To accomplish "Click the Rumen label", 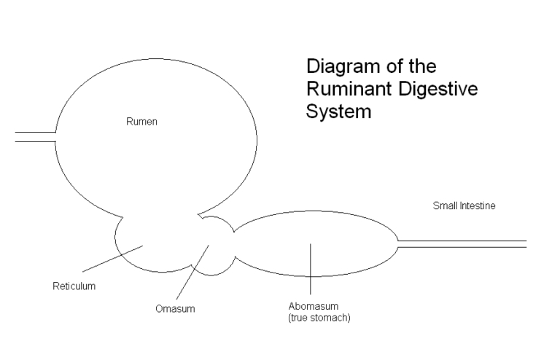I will tap(142, 122).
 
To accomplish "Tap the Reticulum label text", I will tap(74, 286).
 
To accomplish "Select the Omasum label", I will tap(175, 308).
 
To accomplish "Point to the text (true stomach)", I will tap(319, 318).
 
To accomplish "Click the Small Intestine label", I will tap(464, 206).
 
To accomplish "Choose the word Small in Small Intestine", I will tap(445, 206).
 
